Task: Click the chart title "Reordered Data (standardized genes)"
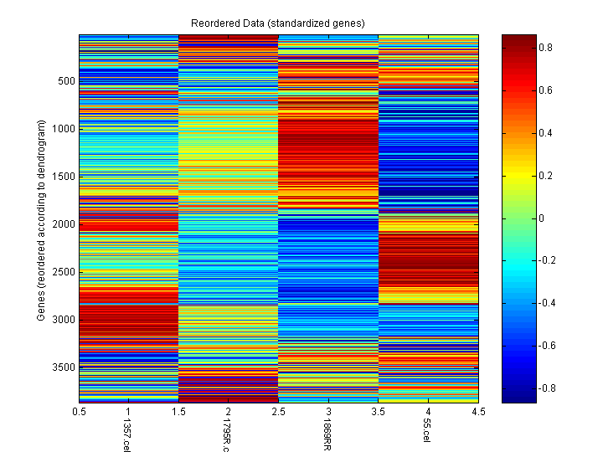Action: click(277, 22)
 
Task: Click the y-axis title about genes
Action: click(40, 220)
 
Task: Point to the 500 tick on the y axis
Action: click(66, 81)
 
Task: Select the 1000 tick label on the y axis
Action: click(64, 129)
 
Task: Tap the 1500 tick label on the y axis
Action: click(64, 177)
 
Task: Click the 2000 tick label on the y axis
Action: click(64, 224)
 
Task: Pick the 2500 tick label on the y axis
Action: click(64, 272)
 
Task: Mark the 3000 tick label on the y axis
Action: click(64, 320)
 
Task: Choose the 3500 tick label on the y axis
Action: click(64, 367)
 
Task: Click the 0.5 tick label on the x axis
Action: click(80, 412)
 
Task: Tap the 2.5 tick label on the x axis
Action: click(278, 412)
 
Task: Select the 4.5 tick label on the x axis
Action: click(478, 412)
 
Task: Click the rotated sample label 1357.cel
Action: click(126, 434)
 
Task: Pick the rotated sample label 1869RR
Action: click(327, 434)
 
